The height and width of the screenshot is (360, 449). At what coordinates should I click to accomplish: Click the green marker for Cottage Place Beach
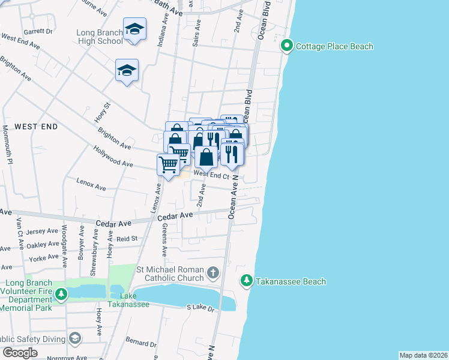pos(287,46)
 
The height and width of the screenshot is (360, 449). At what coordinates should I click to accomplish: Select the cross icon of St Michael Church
pos(212,274)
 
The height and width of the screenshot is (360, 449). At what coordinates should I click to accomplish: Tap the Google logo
pos(20,353)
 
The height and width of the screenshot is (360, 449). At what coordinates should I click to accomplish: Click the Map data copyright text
pos(423,355)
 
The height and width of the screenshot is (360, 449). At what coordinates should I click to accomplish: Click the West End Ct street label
pos(211,175)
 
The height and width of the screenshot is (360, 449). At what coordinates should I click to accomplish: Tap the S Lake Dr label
pos(200,308)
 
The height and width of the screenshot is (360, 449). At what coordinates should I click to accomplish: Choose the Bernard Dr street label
pos(141,343)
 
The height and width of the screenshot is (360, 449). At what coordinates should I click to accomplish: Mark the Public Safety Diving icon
pos(74,339)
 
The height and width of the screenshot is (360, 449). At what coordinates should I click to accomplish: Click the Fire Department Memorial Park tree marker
pos(61,293)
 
